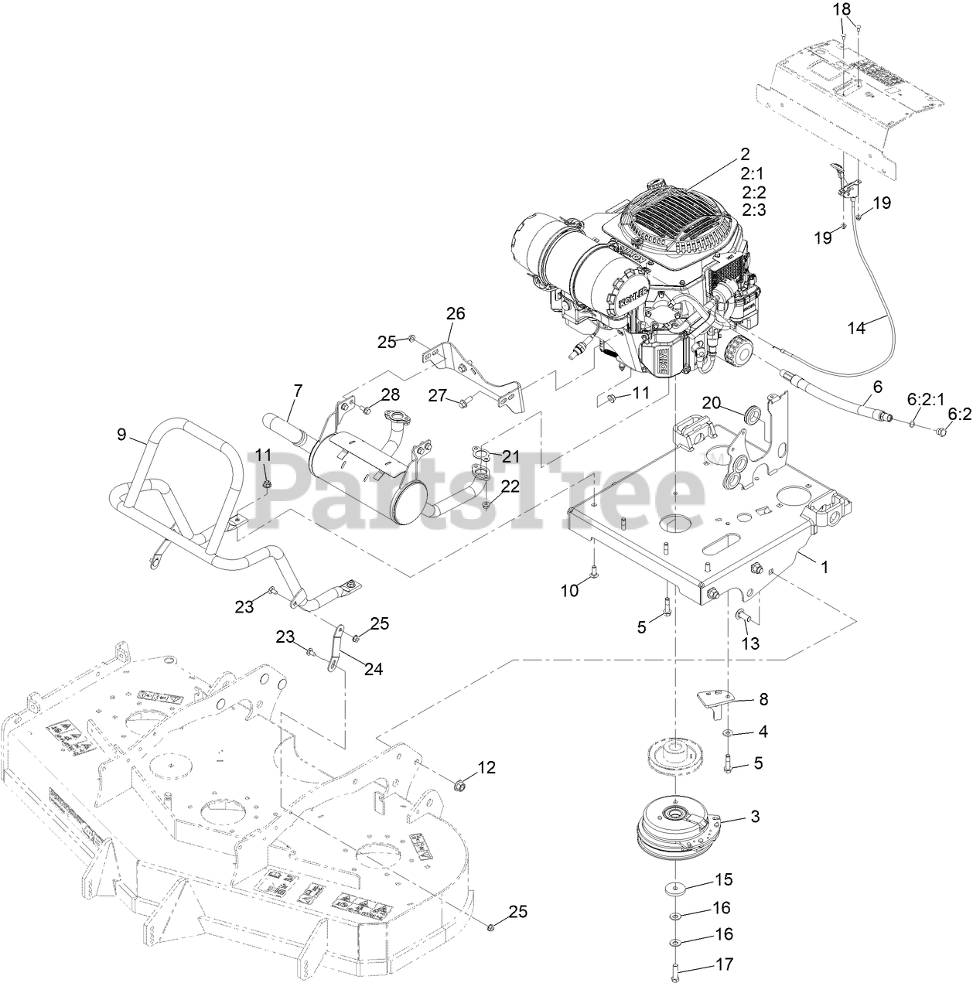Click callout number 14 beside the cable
(856, 327)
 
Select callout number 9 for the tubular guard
(121, 434)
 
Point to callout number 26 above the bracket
(456, 313)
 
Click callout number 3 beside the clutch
(755, 816)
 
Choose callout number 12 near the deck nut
(486, 767)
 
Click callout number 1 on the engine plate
(824, 566)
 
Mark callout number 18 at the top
(842, 9)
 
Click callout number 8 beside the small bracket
(763, 700)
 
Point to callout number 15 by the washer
(723, 879)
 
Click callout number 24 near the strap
(374, 669)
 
